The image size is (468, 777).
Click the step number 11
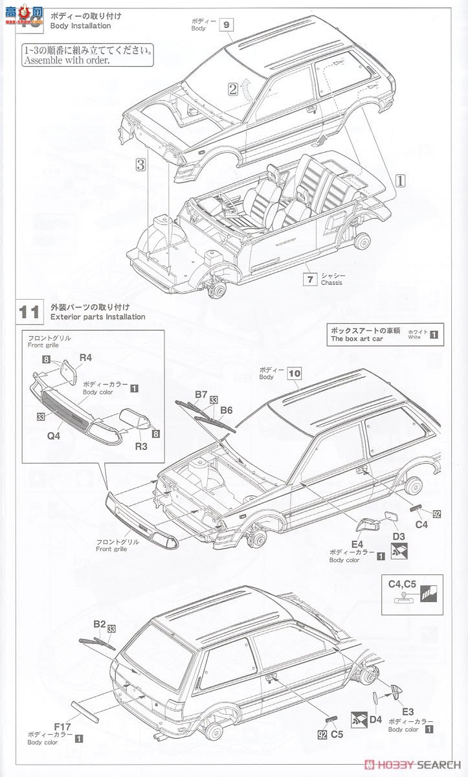point(29,311)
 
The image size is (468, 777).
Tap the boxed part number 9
point(226,25)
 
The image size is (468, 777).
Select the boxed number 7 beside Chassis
point(311,279)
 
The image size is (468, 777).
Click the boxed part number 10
point(295,373)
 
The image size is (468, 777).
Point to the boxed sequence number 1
point(400,181)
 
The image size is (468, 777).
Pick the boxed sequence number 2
point(232,89)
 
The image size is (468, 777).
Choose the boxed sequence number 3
point(140,164)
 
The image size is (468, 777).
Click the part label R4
point(85,357)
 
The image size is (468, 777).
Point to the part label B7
point(201,394)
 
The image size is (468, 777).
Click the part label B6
point(227,410)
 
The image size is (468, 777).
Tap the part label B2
point(98,624)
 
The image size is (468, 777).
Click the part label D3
point(399,535)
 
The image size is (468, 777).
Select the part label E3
point(407,710)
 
